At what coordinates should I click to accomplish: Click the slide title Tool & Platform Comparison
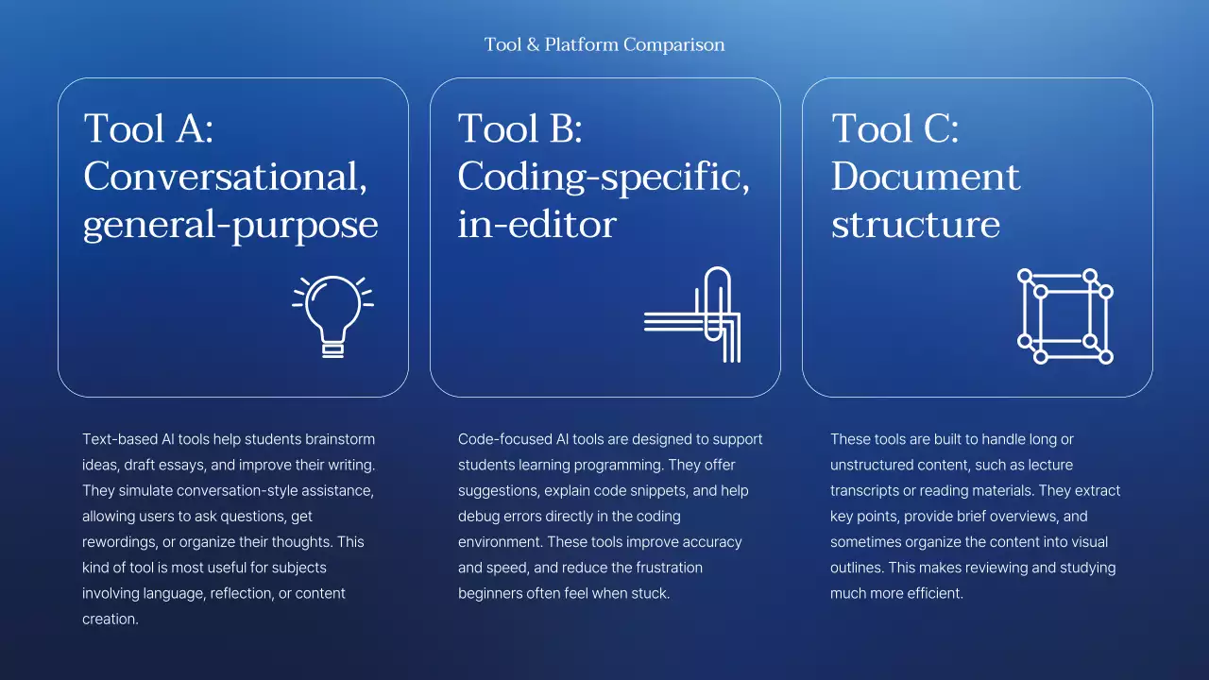(604, 44)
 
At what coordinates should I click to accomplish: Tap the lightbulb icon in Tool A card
(332, 315)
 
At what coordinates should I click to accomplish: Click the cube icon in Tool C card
(1064, 316)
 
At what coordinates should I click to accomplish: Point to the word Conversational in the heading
(225, 177)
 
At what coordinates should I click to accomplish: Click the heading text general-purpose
(230, 225)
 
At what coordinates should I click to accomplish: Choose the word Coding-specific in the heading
(604, 177)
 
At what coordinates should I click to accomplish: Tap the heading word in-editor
(536, 225)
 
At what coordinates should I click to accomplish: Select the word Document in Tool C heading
(926, 177)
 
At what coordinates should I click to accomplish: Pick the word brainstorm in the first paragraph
(339, 439)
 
